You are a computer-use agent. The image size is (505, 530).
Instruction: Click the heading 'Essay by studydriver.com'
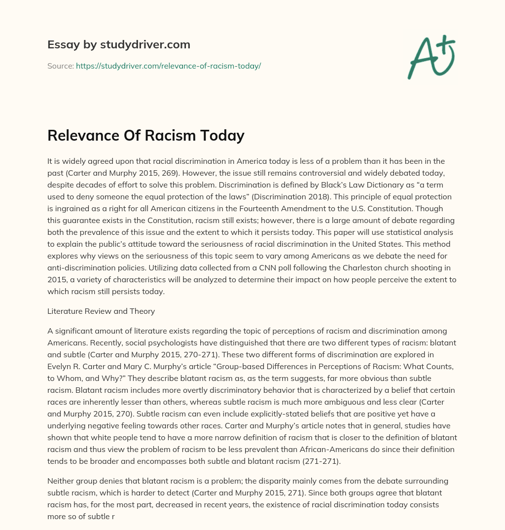[118, 45]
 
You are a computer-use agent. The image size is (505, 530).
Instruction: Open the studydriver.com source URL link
[168, 66]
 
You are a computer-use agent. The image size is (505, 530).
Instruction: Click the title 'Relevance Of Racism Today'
[145, 135]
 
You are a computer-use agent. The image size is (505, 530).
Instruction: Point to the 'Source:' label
[60, 66]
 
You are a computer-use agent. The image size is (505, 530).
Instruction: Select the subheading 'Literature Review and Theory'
[101, 311]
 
